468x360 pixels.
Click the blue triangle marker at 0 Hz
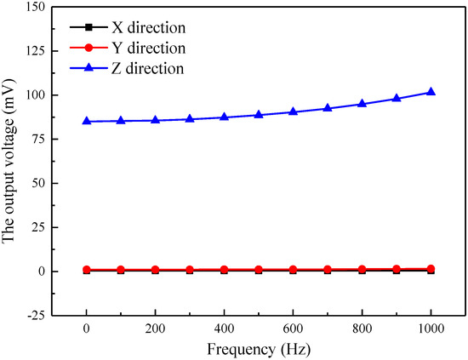tap(87, 121)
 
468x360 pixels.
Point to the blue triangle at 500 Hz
tap(259, 114)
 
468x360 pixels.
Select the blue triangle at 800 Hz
tap(362, 104)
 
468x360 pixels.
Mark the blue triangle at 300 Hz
tap(190, 119)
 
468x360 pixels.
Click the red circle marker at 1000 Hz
tap(431, 269)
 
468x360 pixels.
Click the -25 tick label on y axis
tap(31, 316)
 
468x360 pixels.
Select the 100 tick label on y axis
tap(31, 94)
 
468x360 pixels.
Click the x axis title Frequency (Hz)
tap(259, 349)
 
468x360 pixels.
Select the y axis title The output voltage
tap(10, 162)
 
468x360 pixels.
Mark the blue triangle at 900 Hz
tap(396, 99)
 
